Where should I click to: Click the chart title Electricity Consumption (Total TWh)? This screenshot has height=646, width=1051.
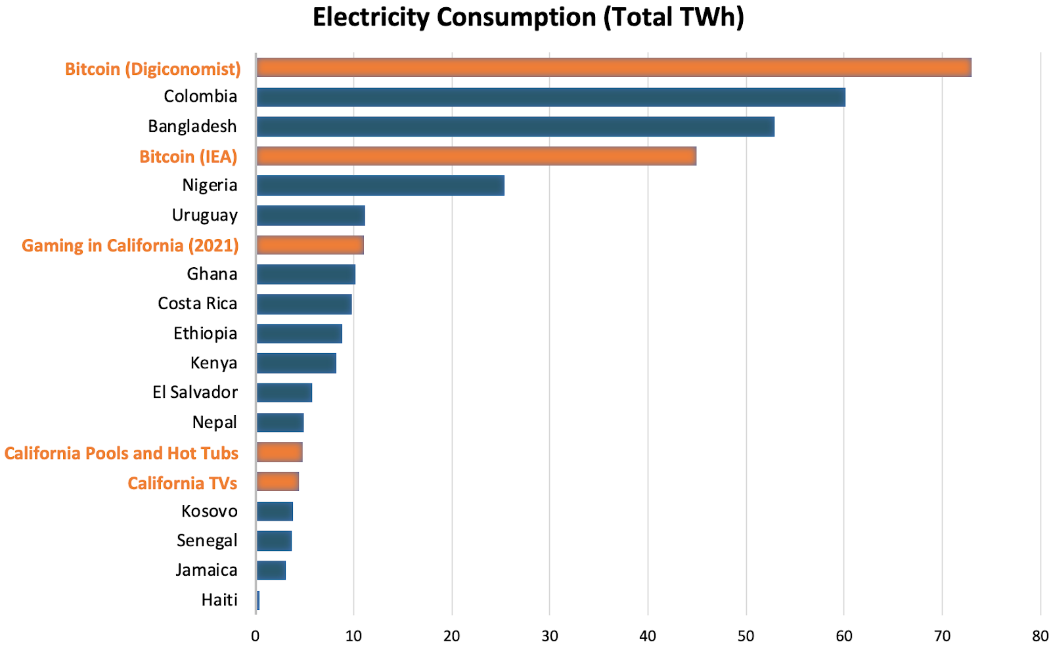coord(527,18)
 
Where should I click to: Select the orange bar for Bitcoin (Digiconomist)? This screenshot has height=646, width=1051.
coord(613,68)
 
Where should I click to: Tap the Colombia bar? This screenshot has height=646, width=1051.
coord(550,97)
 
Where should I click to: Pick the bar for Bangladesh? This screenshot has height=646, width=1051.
coord(515,127)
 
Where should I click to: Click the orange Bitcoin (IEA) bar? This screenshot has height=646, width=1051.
coord(476,156)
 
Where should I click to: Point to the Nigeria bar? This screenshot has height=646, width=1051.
coord(380,186)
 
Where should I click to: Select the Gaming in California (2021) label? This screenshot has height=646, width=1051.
coord(130,246)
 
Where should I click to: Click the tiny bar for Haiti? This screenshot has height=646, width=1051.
coord(258,600)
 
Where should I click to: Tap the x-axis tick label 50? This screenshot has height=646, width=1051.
coord(746,635)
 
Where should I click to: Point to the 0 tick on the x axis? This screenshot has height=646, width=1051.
coord(256,635)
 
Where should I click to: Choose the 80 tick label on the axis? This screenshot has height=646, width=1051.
coord(1040,635)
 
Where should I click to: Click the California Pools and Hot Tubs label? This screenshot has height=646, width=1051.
coord(122,454)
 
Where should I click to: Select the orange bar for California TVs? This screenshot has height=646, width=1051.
coord(277,482)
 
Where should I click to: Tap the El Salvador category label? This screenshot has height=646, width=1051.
coord(195,393)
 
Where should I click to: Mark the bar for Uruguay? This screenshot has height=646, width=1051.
coord(310,215)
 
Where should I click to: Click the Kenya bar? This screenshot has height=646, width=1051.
coord(296,363)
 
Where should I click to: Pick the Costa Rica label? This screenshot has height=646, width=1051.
coord(197,303)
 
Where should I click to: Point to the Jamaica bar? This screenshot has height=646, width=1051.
coord(271,571)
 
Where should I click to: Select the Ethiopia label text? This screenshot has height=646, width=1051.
coord(205,334)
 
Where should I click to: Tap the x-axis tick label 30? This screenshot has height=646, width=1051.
coord(550,635)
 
